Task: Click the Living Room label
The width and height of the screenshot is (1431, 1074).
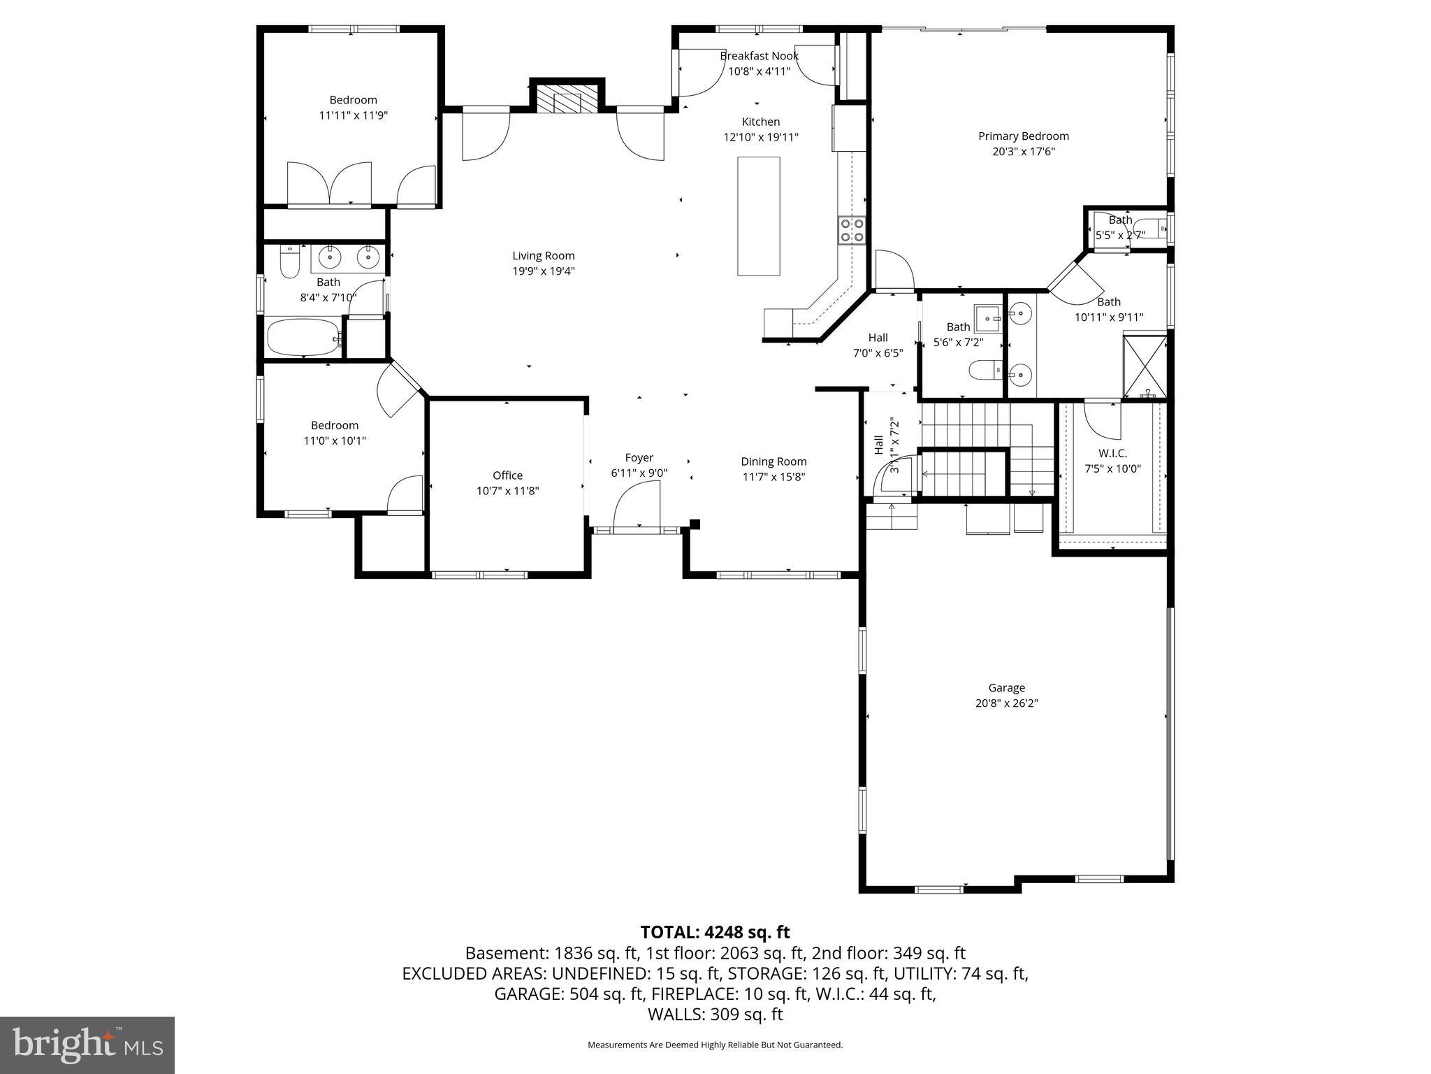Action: coord(543,256)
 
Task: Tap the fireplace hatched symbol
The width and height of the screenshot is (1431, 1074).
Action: coord(567,102)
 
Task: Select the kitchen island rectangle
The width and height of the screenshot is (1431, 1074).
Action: coord(758,216)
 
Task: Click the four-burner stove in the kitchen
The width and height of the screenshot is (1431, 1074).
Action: coord(852,230)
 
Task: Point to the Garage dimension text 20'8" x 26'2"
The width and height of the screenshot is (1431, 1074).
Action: coord(1006,703)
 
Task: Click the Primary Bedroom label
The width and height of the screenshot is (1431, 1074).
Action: coord(1023,136)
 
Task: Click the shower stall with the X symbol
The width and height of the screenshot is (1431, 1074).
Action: coord(1144,367)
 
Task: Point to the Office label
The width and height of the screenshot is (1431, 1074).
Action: coord(507,475)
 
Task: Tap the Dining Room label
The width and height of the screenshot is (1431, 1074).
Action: coord(773,461)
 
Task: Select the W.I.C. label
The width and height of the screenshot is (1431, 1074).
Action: coord(1112,453)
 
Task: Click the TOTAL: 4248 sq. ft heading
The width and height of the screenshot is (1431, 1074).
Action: coord(715,932)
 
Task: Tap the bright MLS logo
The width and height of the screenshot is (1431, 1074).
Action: coord(87,1045)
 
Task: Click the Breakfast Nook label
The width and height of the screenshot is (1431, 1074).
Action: coord(759,56)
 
